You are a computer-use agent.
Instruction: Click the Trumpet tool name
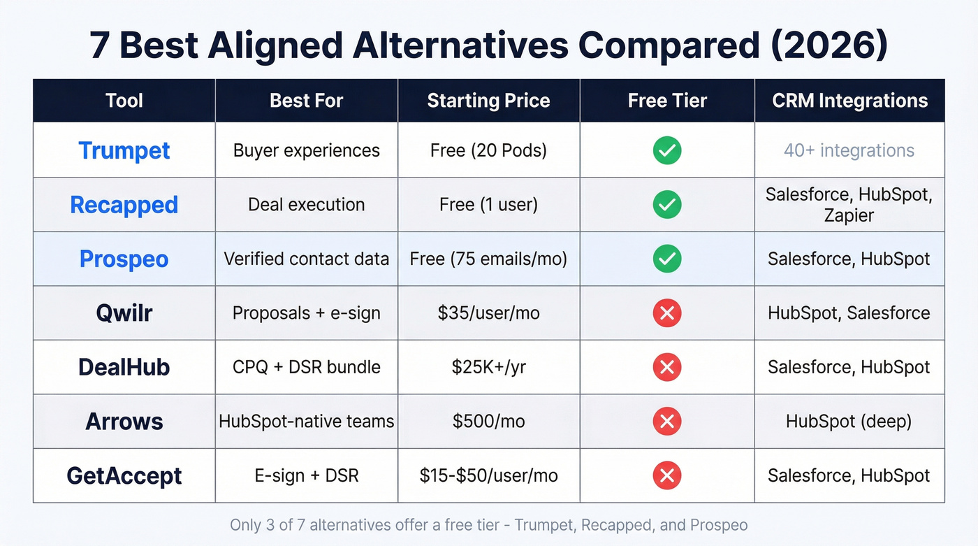coord(124,150)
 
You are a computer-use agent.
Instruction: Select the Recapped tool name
coord(124,205)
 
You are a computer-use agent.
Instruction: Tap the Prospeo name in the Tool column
coord(124,259)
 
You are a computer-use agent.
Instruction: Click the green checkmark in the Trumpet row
coord(667,150)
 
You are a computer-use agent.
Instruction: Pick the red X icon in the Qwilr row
coord(667,313)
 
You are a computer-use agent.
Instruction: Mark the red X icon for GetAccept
coord(667,476)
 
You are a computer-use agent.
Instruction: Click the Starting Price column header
coord(488,101)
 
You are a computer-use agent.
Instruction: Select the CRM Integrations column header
coord(849,101)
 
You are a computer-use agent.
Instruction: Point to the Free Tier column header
coord(667,101)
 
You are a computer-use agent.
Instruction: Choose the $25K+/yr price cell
coord(488,367)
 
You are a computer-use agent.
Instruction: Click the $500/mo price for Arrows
coord(488,422)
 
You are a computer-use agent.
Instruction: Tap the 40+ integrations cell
coord(849,150)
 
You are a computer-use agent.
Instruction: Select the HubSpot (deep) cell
coord(849,422)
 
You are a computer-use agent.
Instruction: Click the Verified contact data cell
coord(306,259)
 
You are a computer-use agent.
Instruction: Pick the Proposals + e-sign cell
coord(306,313)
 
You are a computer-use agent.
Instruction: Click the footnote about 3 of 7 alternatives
coord(488,525)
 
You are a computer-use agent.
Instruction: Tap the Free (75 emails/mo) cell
coord(488,259)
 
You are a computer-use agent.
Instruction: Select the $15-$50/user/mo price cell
coord(488,476)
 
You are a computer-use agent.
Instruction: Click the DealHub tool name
coord(124,367)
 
